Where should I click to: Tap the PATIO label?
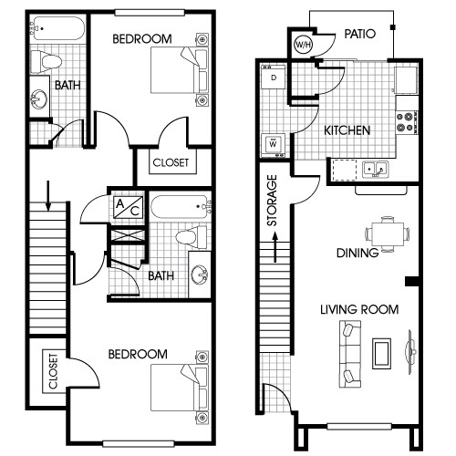coord(361,35)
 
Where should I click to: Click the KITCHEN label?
coord(347,130)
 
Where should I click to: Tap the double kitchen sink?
coord(374,169)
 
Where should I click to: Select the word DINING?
coord(357,254)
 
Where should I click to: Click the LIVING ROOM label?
coord(358,310)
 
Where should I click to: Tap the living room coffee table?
coord(382,350)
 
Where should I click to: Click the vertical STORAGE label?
coord(271,202)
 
